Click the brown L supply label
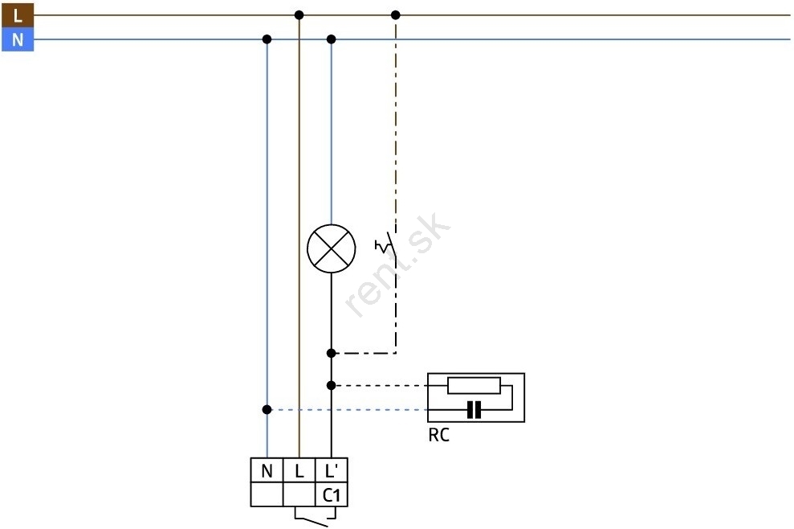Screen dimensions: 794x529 click(18, 15)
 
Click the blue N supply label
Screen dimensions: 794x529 click(18, 39)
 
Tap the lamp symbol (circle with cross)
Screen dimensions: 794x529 click(332, 248)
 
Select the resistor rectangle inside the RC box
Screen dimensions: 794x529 click(474, 385)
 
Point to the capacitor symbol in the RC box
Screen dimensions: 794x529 click(474, 410)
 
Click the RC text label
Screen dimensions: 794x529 click(438, 435)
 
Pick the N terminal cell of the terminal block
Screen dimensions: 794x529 click(267, 470)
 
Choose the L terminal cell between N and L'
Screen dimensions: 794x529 click(299, 470)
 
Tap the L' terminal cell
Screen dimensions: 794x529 click(332, 470)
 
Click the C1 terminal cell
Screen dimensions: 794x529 click(332, 494)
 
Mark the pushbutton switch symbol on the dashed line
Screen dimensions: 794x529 click(386, 246)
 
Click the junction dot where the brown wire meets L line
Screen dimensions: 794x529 click(299, 15)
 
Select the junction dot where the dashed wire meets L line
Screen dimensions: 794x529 click(396, 15)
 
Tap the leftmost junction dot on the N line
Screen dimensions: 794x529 click(267, 39)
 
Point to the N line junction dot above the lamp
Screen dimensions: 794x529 click(332, 39)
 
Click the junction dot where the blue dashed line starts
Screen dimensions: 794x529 click(267, 409)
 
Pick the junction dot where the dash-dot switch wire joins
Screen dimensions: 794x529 click(332, 353)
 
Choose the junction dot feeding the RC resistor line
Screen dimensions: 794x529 click(332, 385)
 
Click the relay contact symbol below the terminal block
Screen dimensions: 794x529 click(315, 519)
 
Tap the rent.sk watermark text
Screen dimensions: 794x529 click(397, 265)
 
